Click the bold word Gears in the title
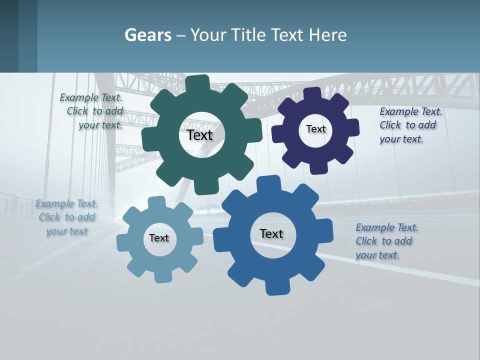[x=148, y=35]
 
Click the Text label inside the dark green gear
[x=200, y=135]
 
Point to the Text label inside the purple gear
[x=315, y=129]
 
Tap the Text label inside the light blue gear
[x=159, y=238]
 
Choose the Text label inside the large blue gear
[x=271, y=233]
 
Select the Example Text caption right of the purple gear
[x=410, y=125]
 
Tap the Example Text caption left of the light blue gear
[x=66, y=217]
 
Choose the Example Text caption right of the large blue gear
[x=386, y=241]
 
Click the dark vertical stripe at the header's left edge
[x=9, y=36]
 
